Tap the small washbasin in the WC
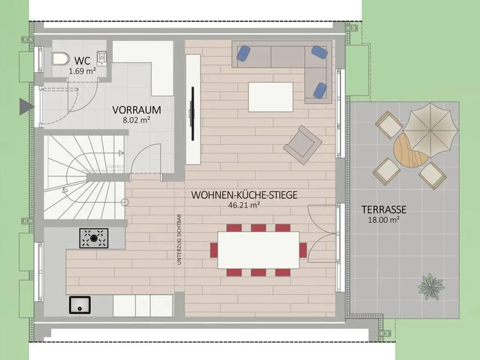[x=101, y=57]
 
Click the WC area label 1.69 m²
[x=82, y=71]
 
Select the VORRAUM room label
[x=136, y=110]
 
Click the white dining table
[x=258, y=250]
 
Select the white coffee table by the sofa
[x=270, y=97]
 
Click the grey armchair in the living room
[x=302, y=144]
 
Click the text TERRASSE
[x=383, y=210]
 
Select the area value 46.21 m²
[x=244, y=204]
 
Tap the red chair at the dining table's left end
[x=214, y=249]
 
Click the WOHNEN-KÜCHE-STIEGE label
[x=244, y=195]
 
